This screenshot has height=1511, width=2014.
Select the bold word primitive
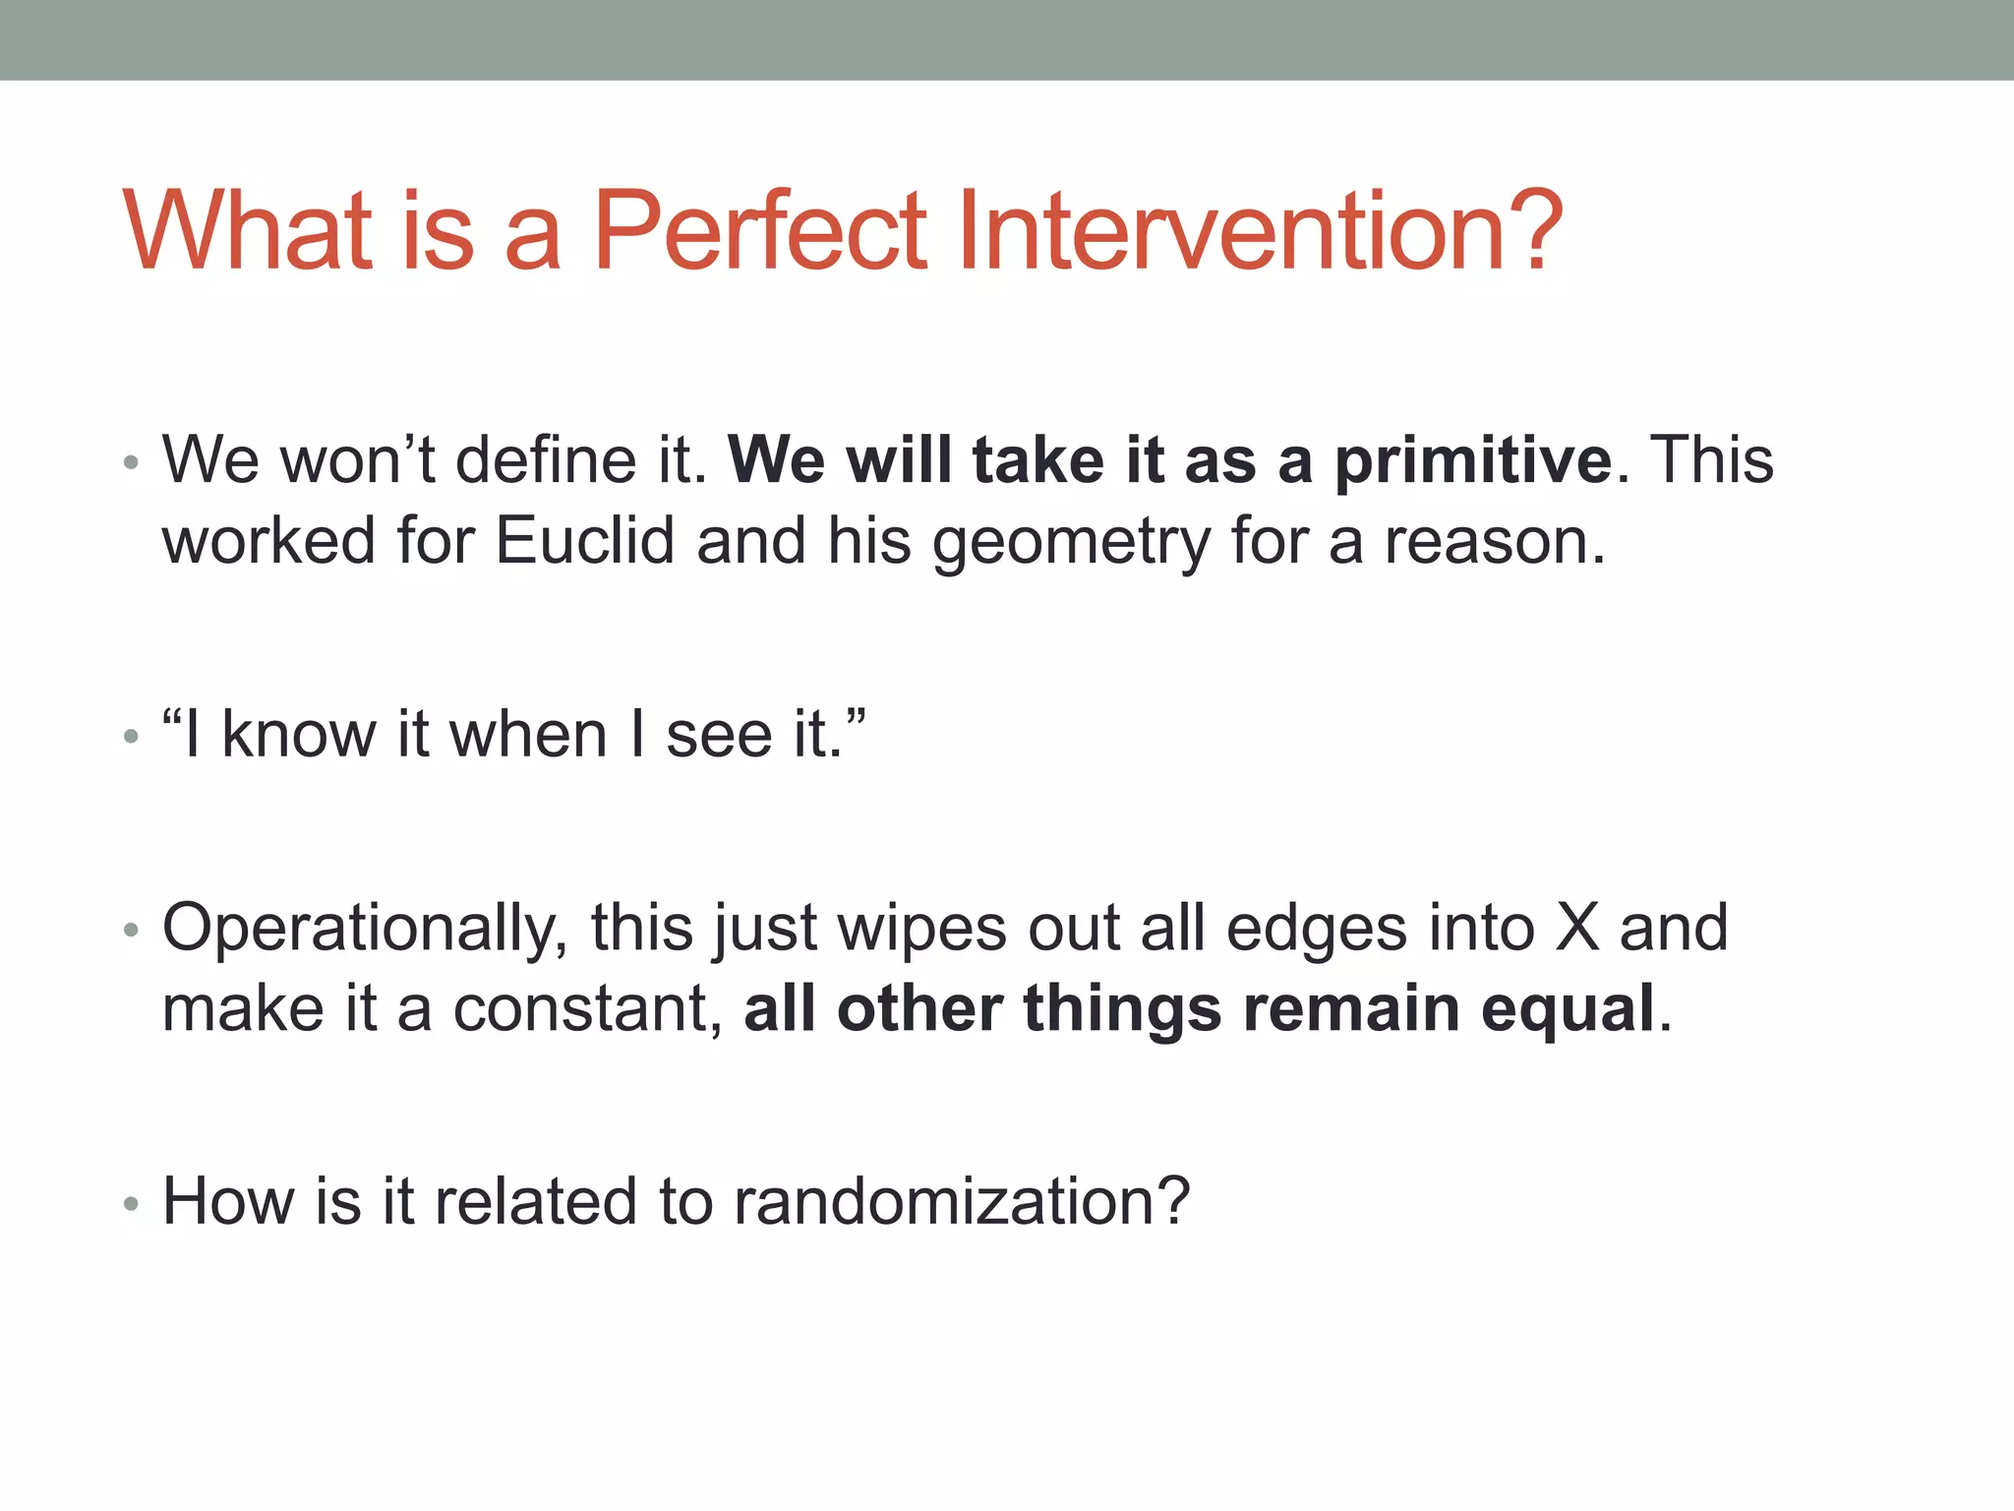pos(1472,459)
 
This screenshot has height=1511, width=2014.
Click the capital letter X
pos(1577,928)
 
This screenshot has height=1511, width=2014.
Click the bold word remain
pos(1351,1009)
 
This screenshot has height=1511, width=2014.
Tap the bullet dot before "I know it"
pos(131,736)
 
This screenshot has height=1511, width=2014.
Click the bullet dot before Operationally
pos(131,930)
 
